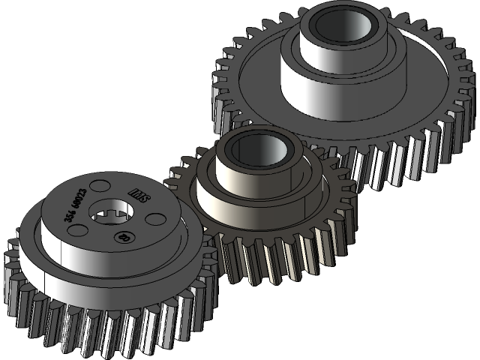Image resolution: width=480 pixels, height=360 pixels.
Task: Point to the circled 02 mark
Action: (122, 238)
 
